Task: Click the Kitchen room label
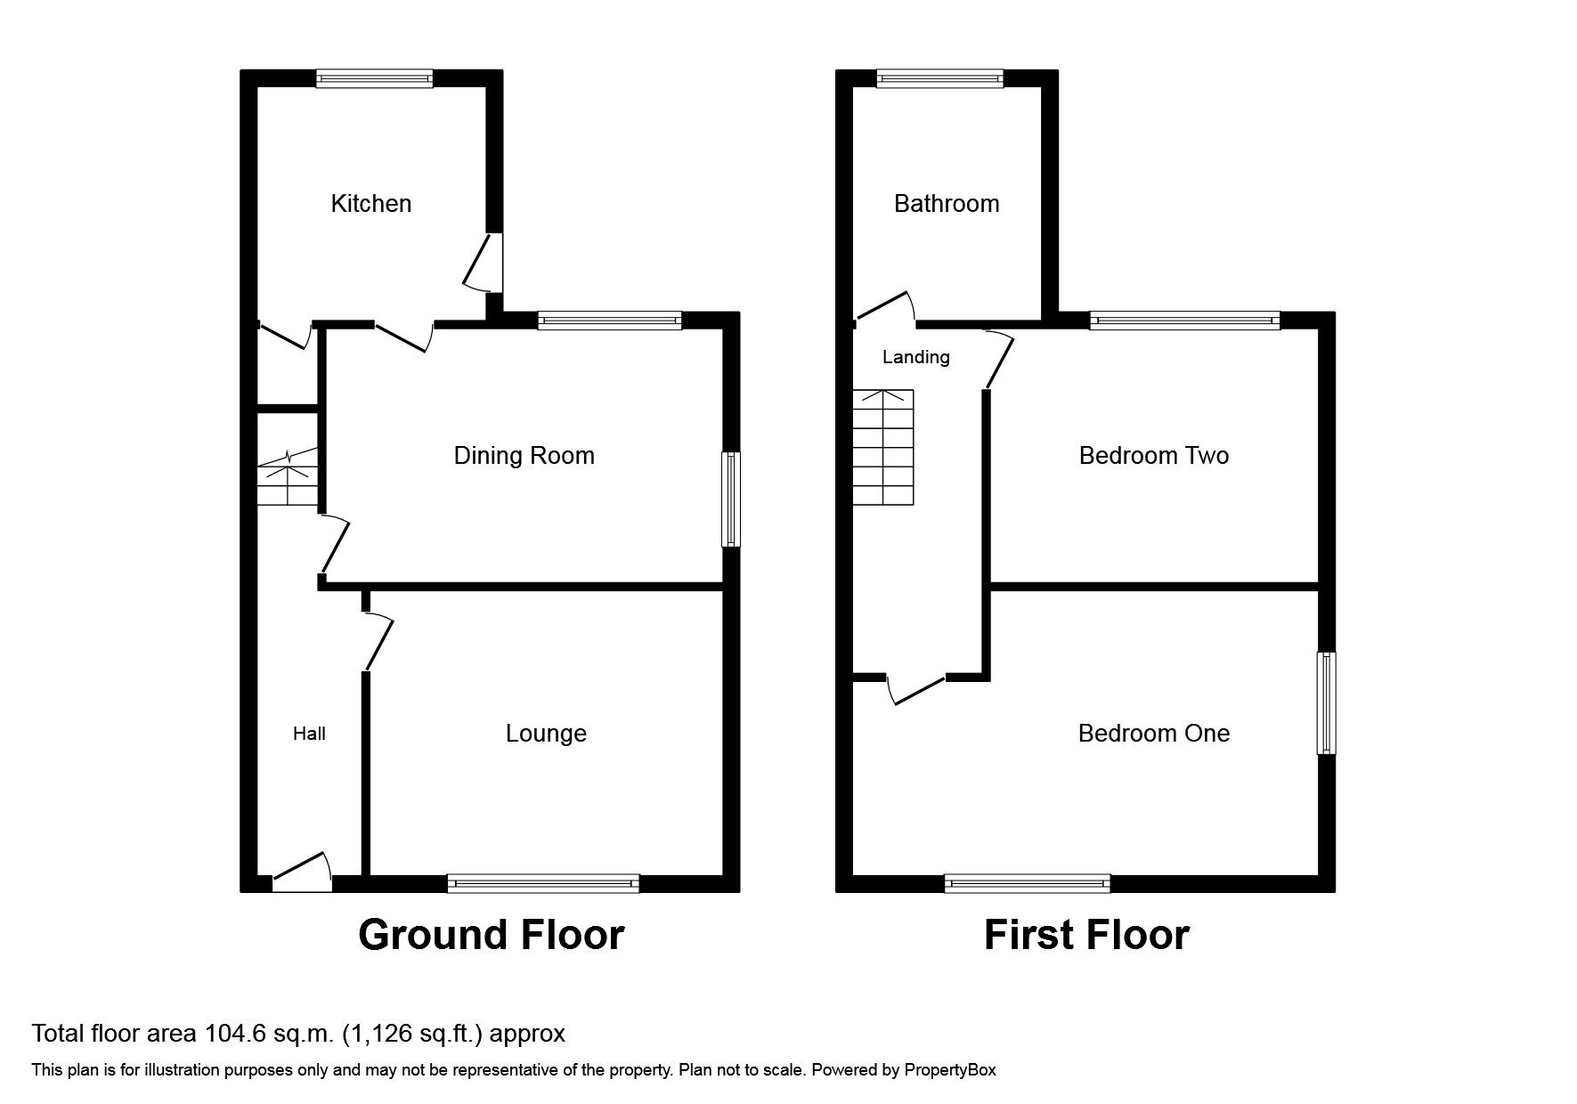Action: [370, 204]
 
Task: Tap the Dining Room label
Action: [524, 456]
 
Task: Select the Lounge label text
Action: [546, 734]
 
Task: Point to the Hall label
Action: [309, 734]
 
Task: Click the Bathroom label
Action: [946, 204]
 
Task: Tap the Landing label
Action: [915, 357]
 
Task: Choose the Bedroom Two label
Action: [1153, 456]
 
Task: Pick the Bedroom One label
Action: [1153, 734]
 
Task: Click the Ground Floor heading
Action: [491, 935]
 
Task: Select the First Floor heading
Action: [1085, 935]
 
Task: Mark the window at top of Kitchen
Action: [375, 79]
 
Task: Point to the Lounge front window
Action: [543, 883]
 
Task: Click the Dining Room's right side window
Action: [730, 499]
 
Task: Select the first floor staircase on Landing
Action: [883, 447]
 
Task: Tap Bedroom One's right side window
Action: [1326, 703]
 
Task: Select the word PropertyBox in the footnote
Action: [950, 1070]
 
